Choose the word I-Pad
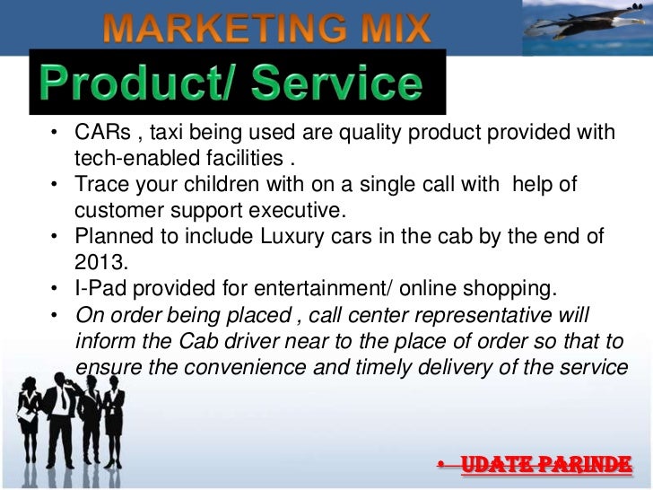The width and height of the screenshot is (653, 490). click(x=99, y=289)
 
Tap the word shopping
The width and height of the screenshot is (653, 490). click(x=508, y=289)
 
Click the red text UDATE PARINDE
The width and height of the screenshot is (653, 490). click(x=546, y=466)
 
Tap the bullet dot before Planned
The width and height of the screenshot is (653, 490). click(x=55, y=238)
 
